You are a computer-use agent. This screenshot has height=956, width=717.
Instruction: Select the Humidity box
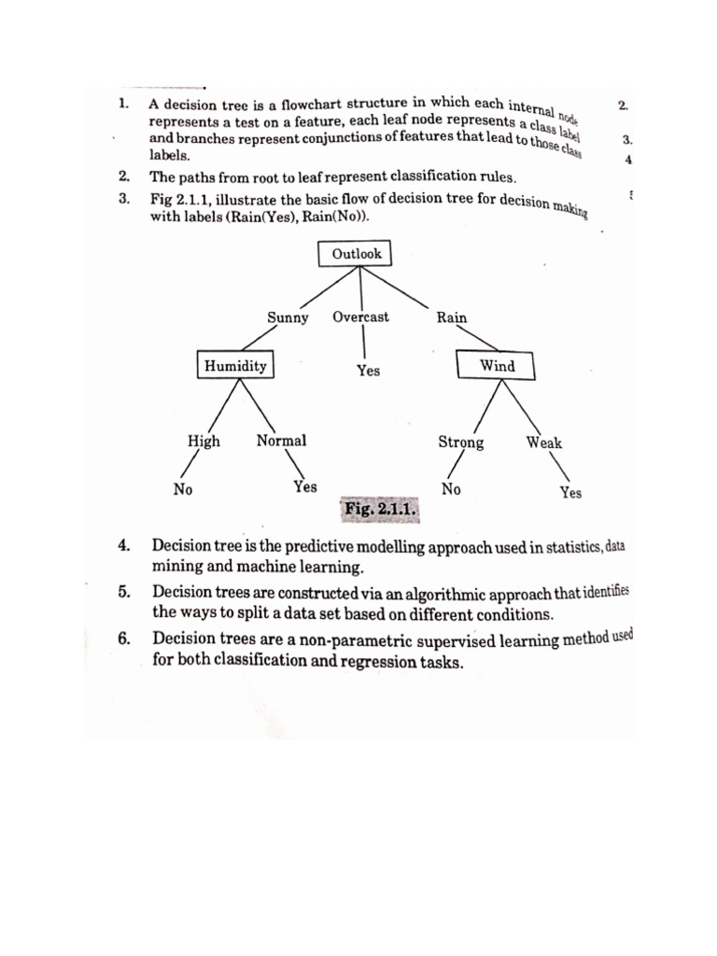click(236, 365)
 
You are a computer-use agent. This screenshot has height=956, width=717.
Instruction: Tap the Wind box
click(497, 365)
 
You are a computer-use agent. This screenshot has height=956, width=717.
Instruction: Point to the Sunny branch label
click(288, 317)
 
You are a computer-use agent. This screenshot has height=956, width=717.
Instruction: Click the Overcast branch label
click(360, 317)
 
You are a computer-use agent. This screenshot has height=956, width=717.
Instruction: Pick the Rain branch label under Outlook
click(452, 317)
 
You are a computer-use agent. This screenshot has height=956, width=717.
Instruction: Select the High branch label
click(204, 442)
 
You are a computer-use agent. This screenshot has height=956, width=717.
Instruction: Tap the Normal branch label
click(281, 441)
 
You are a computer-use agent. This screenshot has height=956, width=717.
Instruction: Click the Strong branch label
click(461, 443)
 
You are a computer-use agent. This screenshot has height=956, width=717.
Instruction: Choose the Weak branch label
click(544, 443)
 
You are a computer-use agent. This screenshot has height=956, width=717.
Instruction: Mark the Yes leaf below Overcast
click(368, 371)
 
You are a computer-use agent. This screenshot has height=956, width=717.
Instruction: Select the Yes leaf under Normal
click(305, 486)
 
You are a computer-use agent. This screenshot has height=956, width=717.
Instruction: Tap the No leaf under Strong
click(451, 488)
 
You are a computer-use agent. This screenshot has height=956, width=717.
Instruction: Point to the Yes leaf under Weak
click(570, 492)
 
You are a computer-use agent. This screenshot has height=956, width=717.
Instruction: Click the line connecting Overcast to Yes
click(363, 343)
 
